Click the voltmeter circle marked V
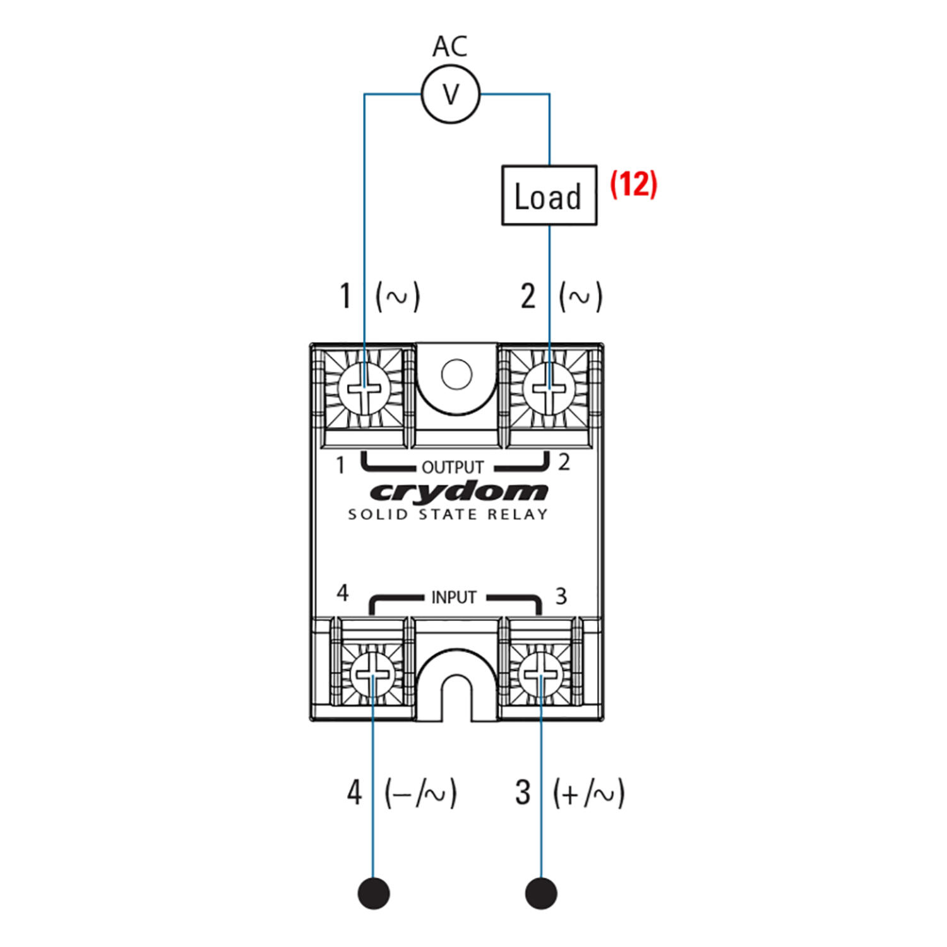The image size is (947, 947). click(x=451, y=95)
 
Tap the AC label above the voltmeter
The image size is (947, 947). click(x=450, y=47)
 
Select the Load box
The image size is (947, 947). click(x=549, y=195)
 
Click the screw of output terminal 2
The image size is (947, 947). click(x=548, y=388)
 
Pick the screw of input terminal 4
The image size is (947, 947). click(x=373, y=675)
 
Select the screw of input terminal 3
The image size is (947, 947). click(x=542, y=675)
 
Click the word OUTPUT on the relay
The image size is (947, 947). click(x=452, y=467)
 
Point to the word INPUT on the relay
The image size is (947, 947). click(x=453, y=597)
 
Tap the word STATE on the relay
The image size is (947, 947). click(x=448, y=515)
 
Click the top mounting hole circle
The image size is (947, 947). click(x=456, y=374)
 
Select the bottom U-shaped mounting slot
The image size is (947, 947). click(x=456, y=694)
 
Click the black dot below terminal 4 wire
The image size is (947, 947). click(x=374, y=893)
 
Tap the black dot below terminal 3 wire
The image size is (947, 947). click(x=542, y=893)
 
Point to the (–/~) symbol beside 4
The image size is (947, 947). click(x=420, y=793)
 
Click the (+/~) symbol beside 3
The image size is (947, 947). click(x=588, y=793)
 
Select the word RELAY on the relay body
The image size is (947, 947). click(x=517, y=515)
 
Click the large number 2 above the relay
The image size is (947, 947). click(x=528, y=296)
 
